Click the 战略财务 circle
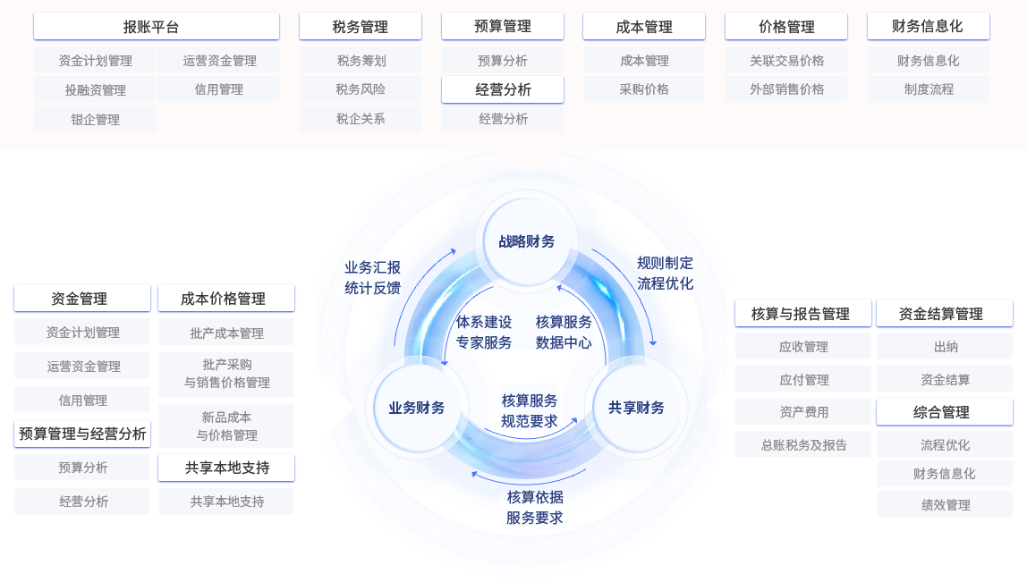pyautogui.click(x=526, y=241)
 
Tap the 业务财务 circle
pyautogui.click(x=416, y=408)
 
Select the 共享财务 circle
pyautogui.click(x=636, y=408)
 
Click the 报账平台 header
pyautogui.click(x=157, y=27)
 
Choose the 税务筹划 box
pyautogui.click(x=361, y=61)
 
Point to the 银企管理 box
pyautogui.click(x=95, y=119)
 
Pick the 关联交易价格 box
pyautogui.click(x=786, y=61)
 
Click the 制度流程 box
pyautogui.click(x=929, y=89)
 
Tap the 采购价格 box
pyautogui.click(x=644, y=89)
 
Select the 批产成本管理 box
pyautogui.click(x=226, y=333)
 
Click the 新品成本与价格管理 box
pyautogui.click(x=226, y=426)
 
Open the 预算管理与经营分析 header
pyautogui.click(x=82, y=434)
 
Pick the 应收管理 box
pyautogui.click(x=803, y=347)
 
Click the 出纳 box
pyautogui.click(x=945, y=347)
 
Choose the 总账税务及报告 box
pyautogui.click(x=803, y=444)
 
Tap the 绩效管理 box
pyautogui.click(x=945, y=504)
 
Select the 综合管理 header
pyautogui.click(x=945, y=412)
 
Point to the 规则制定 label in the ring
pyautogui.click(x=665, y=263)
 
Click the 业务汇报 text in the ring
pyautogui.click(x=372, y=267)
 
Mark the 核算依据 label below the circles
pyautogui.click(x=535, y=497)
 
